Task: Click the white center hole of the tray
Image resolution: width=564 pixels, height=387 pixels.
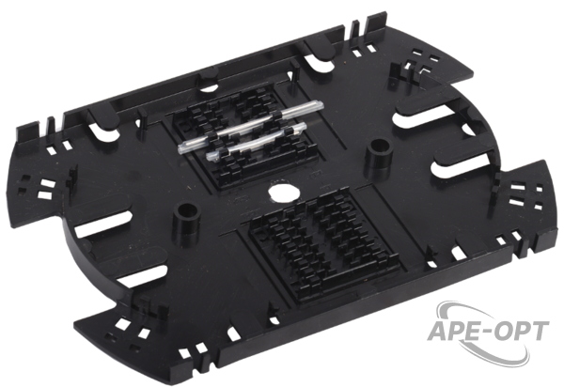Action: tap(285, 193)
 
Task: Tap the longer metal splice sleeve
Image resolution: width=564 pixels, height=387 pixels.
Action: tap(251, 126)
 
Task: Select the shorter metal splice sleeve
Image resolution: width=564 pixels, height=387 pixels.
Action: tap(258, 141)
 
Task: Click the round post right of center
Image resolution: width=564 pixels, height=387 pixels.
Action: tap(379, 154)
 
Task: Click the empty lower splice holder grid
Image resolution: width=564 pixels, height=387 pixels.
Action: tap(323, 244)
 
